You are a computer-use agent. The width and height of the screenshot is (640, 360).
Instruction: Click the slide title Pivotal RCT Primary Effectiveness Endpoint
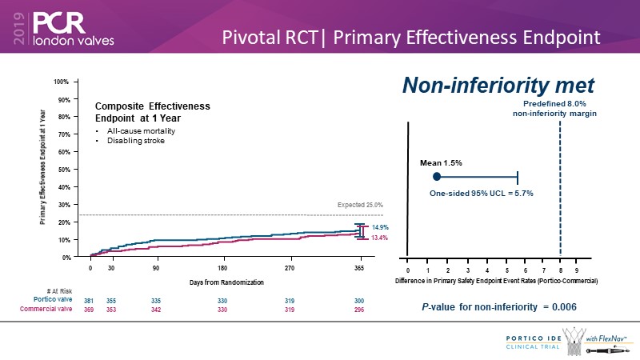tap(411, 37)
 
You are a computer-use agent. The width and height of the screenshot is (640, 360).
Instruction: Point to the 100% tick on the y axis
tap(62, 82)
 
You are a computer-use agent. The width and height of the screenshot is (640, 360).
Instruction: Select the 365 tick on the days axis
tap(360, 268)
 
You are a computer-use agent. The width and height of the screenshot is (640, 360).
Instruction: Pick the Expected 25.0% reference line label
tap(358, 205)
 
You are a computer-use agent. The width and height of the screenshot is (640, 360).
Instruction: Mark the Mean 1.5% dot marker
tap(437, 176)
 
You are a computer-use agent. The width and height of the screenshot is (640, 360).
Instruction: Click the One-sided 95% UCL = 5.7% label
tap(482, 193)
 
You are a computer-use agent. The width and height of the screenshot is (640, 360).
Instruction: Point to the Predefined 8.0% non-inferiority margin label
tap(554, 109)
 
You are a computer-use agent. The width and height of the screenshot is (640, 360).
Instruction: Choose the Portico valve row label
tap(58, 300)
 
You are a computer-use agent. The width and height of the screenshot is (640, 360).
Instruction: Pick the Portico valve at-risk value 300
tap(359, 300)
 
